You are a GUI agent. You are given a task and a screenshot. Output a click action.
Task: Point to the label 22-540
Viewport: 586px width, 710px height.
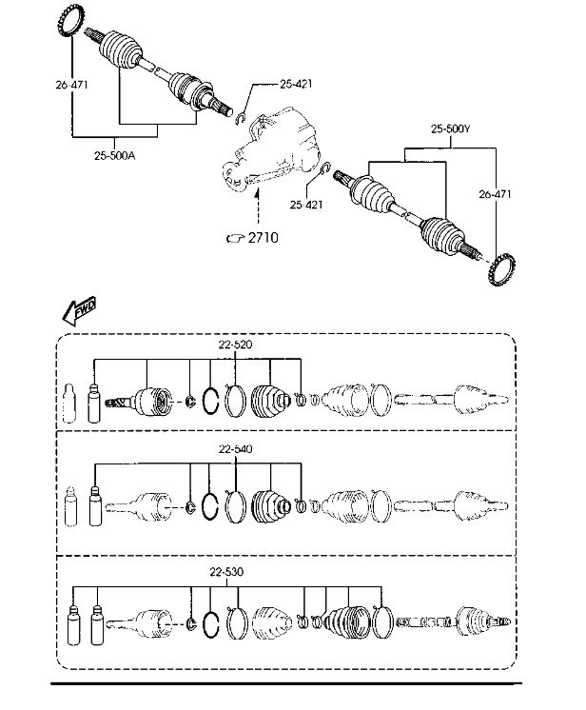[x=237, y=448]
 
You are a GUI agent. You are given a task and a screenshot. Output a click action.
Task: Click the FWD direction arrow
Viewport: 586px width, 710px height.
[x=84, y=309]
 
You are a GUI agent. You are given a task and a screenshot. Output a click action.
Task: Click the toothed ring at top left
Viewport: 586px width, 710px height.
[x=72, y=22]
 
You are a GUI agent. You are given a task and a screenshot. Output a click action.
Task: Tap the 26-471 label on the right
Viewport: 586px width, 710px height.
[x=495, y=195]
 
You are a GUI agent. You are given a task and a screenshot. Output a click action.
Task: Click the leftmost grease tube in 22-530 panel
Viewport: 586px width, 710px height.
[x=74, y=624]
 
